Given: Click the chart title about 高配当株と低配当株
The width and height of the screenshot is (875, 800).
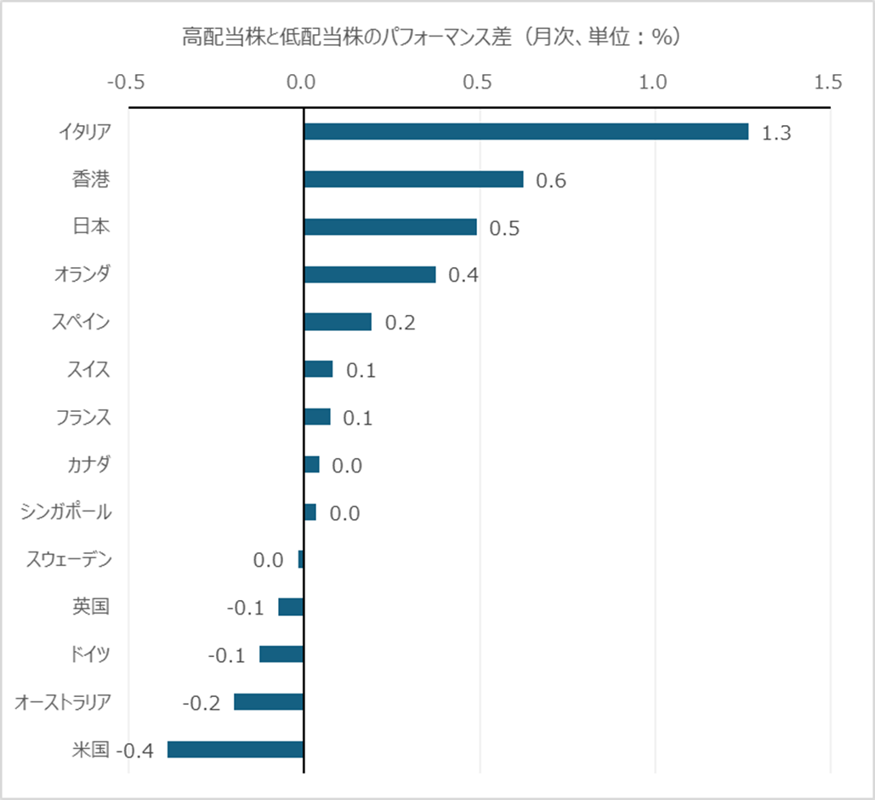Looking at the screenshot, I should click(x=434, y=37).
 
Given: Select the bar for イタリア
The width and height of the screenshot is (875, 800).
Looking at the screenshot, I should click(x=526, y=132).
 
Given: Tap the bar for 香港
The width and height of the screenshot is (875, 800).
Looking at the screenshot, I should click(x=413, y=180).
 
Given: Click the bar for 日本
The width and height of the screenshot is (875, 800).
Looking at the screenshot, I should click(x=390, y=227).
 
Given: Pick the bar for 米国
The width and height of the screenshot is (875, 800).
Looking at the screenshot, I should click(x=236, y=750).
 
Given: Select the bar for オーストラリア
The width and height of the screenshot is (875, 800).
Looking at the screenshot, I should click(x=269, y=702).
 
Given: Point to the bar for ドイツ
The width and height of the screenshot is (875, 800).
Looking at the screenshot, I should click(x=281, y=654).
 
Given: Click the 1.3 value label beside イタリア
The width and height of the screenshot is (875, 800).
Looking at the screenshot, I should click(x=776, y=134).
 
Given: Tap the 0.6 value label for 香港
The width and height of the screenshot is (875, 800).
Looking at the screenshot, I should click(x=551, y=181).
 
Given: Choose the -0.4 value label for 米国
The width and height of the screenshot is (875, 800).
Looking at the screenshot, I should click(x=134, y=751).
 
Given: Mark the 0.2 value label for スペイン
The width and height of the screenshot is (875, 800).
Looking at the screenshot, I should click(x=400, y=323).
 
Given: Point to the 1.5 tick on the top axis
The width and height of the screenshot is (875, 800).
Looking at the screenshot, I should click(x=828, y=83).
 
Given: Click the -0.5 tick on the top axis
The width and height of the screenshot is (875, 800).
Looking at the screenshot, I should click(x=126, y=83).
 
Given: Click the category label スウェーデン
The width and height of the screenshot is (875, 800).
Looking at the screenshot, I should click(x=69, y=560).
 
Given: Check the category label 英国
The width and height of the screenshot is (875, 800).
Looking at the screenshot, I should click(x=91, y=607).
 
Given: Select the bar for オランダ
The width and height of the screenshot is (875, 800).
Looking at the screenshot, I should click(x=370, y=275).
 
